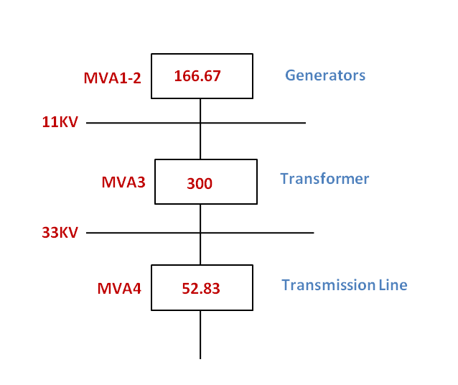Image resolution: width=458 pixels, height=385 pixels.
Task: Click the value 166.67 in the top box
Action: point(197,74)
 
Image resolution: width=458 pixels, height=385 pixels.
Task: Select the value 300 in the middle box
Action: point(200,184)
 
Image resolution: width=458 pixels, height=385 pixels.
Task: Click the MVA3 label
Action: point(123,182)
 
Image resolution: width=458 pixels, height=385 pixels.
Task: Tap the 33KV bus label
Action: point(60,232)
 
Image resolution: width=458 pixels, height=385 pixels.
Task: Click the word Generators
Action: point(325,75)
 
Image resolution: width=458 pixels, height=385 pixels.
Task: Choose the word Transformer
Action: point(324,179)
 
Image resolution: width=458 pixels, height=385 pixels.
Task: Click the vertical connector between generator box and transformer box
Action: point(200,140)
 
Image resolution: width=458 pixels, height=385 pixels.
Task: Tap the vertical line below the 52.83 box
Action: point(200,335)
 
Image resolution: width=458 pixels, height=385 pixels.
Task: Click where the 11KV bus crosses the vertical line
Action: point(200,123)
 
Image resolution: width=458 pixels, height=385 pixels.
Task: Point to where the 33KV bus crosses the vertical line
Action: point(200,233)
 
